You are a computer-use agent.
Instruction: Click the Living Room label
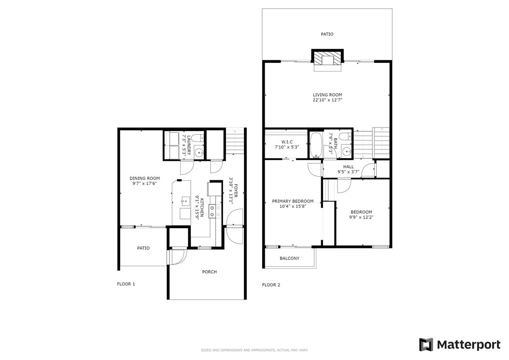click(327, 95)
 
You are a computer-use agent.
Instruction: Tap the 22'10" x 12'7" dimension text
click(327, 100)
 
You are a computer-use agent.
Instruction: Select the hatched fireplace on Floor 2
click(327, 60)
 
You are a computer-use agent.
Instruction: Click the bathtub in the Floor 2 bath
click(315, 145)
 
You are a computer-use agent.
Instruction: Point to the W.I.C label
click(287, 142)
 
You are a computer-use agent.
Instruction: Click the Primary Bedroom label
click(293, 201)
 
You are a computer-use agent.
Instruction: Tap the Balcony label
click(290, 259)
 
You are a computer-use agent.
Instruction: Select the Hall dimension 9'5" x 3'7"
click(348, 172)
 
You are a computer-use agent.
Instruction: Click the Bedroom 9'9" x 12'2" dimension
click(361, 217)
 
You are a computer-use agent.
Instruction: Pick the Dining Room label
click(145, 178)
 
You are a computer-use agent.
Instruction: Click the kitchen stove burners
click(215, 211)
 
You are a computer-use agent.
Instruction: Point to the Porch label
click(210, 272)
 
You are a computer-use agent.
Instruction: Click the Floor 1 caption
click(126, 284)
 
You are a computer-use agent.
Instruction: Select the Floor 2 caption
click(271, 285)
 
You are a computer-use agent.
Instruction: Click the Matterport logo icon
click(426, 345)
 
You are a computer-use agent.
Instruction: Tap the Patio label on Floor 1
click(143, 248)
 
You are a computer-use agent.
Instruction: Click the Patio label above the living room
click(327, 34)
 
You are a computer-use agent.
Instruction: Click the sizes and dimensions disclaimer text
click(254, 350)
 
